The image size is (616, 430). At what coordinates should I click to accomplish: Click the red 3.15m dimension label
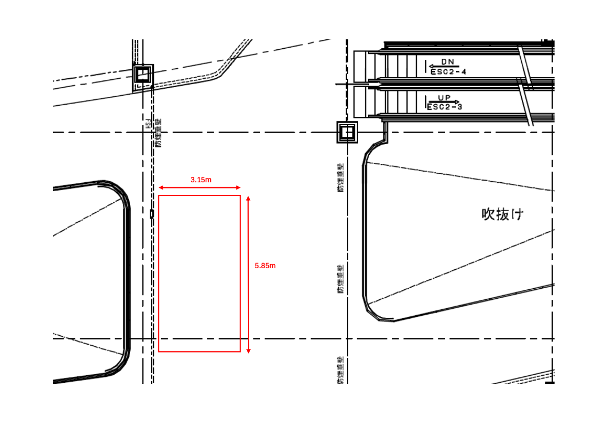(x=201, y=180)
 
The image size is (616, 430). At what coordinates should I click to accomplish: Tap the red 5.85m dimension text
(x=265, y=266)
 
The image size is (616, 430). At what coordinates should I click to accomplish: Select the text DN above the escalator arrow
(x=447, y=62)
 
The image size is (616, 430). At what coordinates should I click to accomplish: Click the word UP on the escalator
(x=444, y=98)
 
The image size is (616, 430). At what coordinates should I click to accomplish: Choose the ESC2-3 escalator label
(x=445, y=107)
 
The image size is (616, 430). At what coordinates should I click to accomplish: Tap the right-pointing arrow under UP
(x=443, y=103)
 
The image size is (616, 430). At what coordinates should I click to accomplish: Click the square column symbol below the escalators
(x=348, y=132)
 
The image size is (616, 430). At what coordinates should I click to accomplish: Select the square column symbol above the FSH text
(x=143, y=74)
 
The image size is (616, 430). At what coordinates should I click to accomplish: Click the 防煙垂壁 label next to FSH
(x=158, y=133)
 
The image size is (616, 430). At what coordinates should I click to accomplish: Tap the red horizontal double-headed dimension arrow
(x=199, y=188)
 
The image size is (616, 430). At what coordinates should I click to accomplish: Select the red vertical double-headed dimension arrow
(x=249, y=274)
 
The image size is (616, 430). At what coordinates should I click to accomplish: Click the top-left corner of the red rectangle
(x=159, y=196)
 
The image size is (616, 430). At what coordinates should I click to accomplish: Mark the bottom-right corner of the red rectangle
(x=240, y=351)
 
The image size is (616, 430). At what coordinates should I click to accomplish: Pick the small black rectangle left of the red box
(x=152, y=213)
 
